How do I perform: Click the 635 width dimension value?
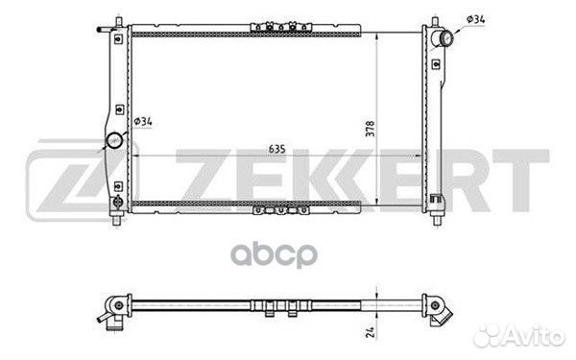[277, 149]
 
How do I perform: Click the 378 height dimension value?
[370, 129]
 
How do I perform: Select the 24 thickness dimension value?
[371, 332]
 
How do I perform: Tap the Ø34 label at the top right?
[476, 19]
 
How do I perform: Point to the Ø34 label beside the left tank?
[143, 121]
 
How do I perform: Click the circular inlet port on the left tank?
[114, 140]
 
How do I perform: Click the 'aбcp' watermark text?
[274, 255]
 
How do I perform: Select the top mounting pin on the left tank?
[118, 20]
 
